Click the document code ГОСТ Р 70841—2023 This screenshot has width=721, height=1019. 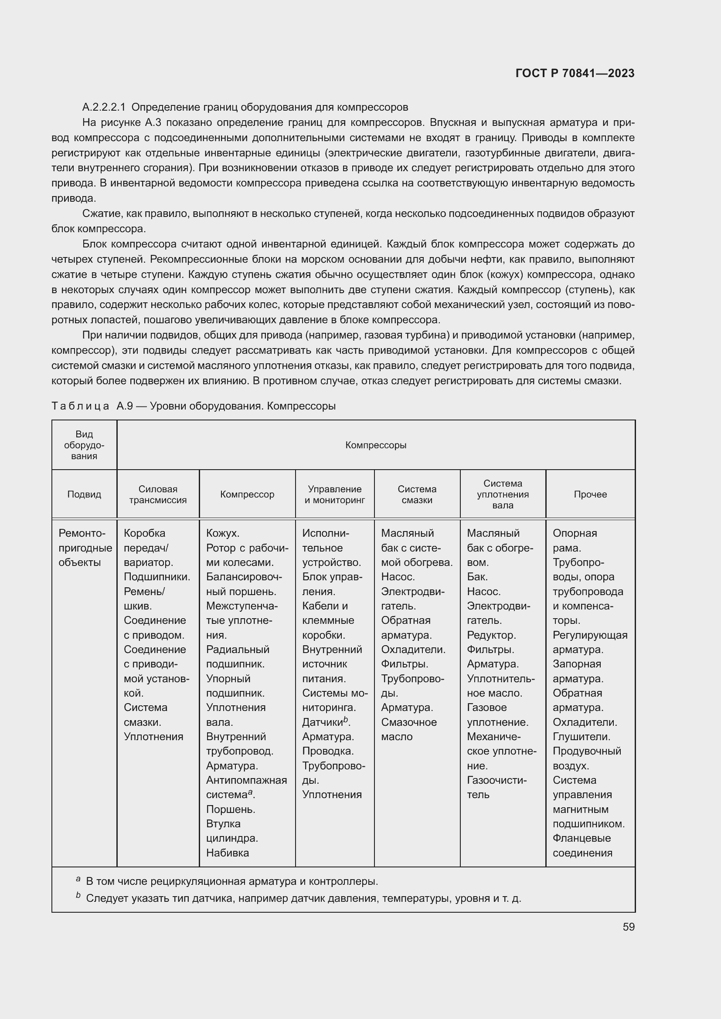pyautogui.click(x=575, y=73)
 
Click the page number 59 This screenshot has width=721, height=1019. pyautogui.click(x=628, y=927)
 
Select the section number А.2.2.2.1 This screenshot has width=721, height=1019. pyautogui.click(x=104, y=107)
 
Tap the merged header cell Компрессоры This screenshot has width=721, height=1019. pyautogui.click(x=376, y=445)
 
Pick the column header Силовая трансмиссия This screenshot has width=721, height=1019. pyautogui.click(x=158, y=494)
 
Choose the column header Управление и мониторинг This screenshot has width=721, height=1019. pyautogui.click(x=334, y=494)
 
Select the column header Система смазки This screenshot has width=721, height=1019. pyautogui.click(x=416, y=494)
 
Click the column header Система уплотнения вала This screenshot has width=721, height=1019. pyautogui.click(x=503, y=494)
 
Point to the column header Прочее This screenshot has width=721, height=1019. pyautogui.click(x=590, y=494)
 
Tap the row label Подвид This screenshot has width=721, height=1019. pyautogui.click(x=84, y=494)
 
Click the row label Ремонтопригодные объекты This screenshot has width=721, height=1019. pyautogui.click(x=85, y=548)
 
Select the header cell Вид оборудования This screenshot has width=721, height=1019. pyautogui.click(x=84, y=445)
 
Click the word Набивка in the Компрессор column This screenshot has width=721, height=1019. pyautogui.click(x=227, y=853)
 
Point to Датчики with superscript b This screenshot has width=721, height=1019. pyautogui.click(x=326, y=722)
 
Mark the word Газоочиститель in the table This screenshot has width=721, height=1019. pyautogui.click(x=497, y=787)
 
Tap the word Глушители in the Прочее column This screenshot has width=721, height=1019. pyautogui.click(x=581, y=737)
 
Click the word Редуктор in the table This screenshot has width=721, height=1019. pyautogui.click(x=491, y=635)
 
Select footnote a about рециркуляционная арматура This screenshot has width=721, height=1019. pyautogui.click(x=231, y=881)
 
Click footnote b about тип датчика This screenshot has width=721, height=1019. pyautogui.click(x=302, y=899)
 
